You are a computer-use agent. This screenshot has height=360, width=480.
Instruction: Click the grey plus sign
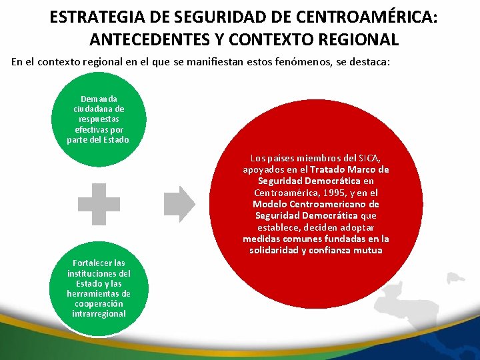(x=99, y=203)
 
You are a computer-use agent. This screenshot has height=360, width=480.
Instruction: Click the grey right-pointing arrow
(x=180, y=203)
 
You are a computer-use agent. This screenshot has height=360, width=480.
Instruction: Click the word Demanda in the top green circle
(x=99, y=99)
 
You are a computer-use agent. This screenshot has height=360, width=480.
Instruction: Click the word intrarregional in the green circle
(x=99, y=313)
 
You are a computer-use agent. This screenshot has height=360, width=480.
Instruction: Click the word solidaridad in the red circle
(x=276, y=250)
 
